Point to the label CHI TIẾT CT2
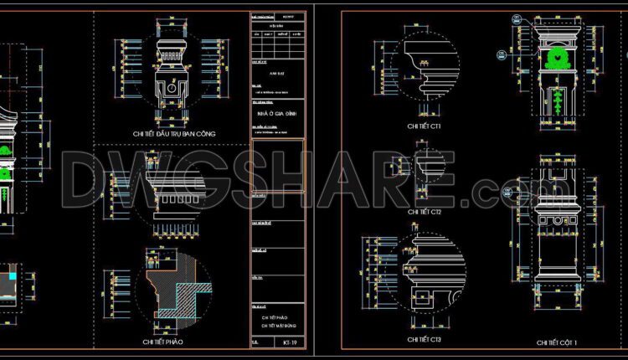pos(424,213)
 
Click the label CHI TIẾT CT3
pos(424,339)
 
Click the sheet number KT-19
pos(287,342)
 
